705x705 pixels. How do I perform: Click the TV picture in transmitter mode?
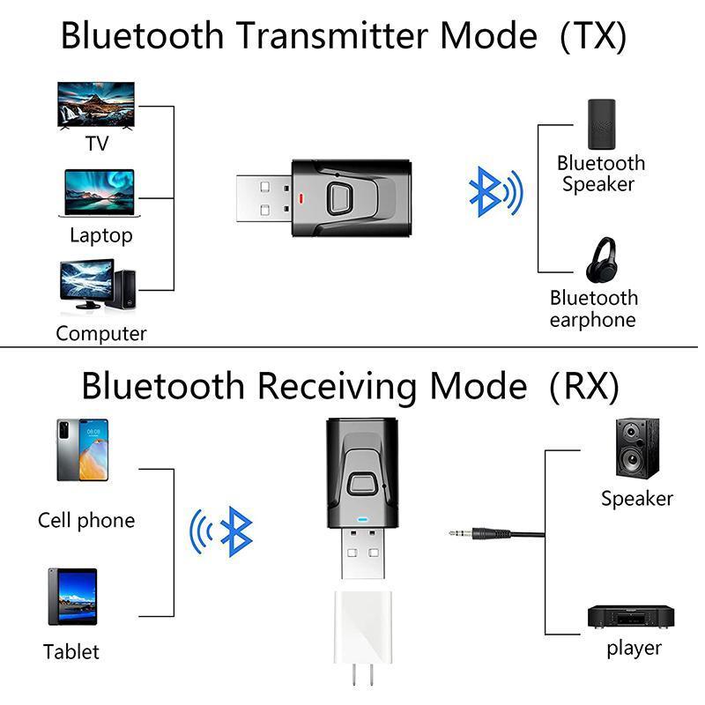96,106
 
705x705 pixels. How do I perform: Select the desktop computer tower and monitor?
97,284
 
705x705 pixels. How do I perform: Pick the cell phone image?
82,449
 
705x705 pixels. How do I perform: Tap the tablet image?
72,597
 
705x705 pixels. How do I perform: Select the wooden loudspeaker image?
635,449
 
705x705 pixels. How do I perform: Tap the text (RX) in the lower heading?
584,386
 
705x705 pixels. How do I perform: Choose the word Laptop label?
100,236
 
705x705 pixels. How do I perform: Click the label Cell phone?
86,520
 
